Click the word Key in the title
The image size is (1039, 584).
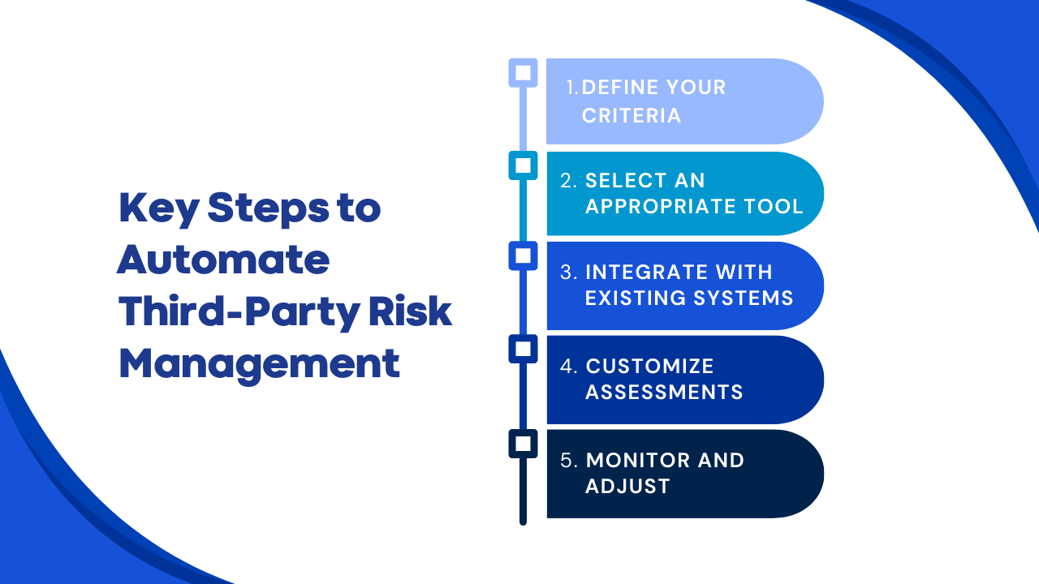click(159, 209)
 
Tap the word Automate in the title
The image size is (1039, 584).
click(223, 259)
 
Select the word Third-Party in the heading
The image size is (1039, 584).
click(239, 312)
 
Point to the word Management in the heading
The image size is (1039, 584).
click(259, 365)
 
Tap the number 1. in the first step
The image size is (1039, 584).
click(572, 87)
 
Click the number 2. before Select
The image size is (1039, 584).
click(569, 181)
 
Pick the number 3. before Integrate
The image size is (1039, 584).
click(569, 273)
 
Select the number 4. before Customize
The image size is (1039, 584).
click(569, 367)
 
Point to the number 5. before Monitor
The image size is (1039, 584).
click(569, 461)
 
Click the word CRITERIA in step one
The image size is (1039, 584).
click(632, 116)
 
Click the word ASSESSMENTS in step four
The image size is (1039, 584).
click(664, 392)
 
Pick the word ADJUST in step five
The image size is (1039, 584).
click(627, 487)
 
